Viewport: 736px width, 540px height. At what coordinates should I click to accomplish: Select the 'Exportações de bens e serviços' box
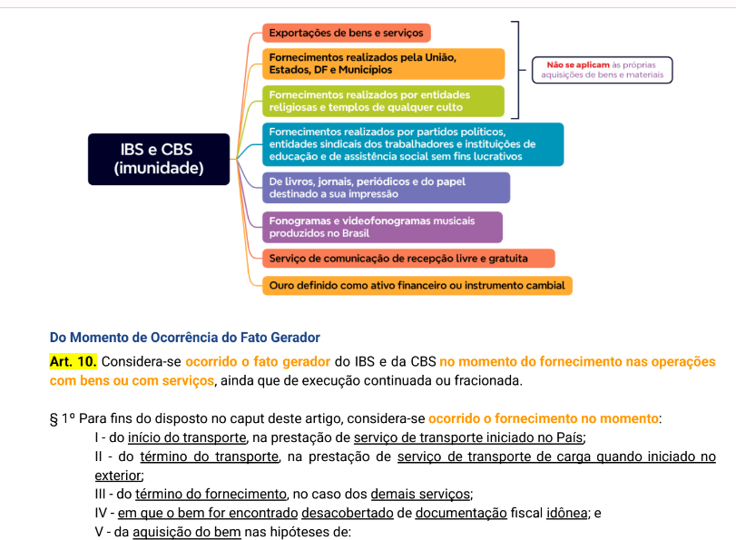click(346, 33)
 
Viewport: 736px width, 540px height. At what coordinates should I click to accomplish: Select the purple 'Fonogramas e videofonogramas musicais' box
click(381, 226)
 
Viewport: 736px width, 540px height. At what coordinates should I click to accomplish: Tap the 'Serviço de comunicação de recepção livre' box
click(408, 259)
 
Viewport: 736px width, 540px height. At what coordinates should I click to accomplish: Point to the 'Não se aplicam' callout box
click(603, 70)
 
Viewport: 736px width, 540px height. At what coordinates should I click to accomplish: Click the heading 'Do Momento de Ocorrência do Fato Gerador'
click(184, 339)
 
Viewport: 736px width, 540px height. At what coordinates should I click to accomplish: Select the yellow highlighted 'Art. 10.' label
click(74, 361)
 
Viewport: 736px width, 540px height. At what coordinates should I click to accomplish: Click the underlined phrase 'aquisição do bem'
click(187, 532)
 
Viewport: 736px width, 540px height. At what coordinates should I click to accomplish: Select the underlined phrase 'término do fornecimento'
click(211, 494)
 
